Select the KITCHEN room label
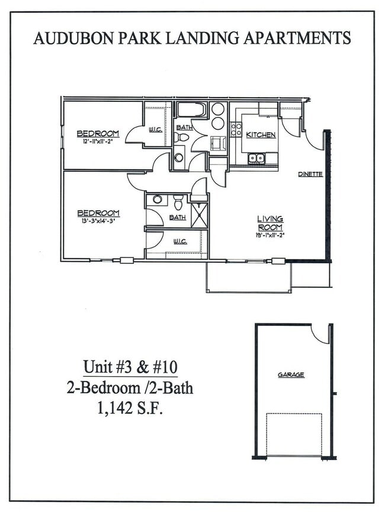261,135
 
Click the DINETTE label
310,174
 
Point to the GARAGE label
291,375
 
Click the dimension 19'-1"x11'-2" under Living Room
269,235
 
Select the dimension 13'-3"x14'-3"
98,220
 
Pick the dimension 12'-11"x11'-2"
98,141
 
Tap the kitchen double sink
256,158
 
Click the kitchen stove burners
236,130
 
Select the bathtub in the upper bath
191,110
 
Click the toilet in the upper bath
184,137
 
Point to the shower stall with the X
199,214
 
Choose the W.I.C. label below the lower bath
180,242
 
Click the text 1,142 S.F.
130,408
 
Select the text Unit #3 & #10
130,367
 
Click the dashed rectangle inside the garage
294,434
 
